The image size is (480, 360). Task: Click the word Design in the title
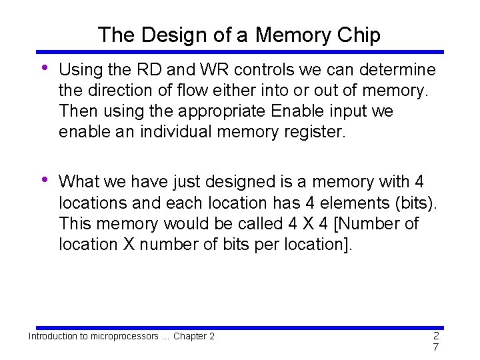pos(166,35)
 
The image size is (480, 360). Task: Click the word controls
pos(263,70)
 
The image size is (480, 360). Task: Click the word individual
pos(177,132)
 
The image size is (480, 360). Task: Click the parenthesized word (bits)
pos(411,203)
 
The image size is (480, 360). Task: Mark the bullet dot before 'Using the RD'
pos(44,67)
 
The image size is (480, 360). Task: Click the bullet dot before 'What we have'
pos(44,179)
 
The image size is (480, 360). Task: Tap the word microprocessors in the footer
pos(119,336)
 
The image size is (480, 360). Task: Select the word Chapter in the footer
pos(190,336)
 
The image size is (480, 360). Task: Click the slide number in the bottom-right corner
pos(435,341)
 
